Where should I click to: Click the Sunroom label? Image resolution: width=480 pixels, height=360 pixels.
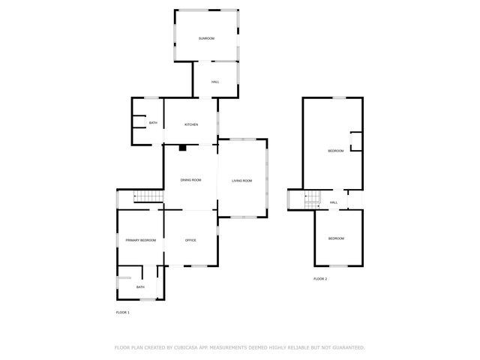point(206,38)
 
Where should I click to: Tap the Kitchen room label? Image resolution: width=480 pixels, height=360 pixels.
point(191,124)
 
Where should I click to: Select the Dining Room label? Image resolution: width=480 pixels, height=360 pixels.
point(191,180)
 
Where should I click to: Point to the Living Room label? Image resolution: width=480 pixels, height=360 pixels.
point(241,181)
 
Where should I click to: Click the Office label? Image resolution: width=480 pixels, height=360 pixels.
point(190,240)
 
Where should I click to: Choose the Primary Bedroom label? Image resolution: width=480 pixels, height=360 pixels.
point(141,240)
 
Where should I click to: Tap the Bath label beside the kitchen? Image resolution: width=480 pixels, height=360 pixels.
point(153,123)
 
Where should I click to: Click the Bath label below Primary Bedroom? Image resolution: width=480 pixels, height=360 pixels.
point(140,287)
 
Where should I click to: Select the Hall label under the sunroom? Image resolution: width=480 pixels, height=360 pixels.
point(215,82)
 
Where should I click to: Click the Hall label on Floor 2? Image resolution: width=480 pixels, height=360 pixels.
point(334,202)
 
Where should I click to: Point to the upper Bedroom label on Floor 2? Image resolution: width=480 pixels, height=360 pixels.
point(335,151)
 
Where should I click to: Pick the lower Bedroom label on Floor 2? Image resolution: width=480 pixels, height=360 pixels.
point(336,238)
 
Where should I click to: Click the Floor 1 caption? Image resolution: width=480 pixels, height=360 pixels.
point(123,312)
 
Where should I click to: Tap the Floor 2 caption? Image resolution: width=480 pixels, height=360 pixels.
point(320,279)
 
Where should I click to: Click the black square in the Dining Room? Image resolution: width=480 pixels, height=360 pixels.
point(182,148)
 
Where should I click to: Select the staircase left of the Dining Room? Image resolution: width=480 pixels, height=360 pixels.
point(148,196)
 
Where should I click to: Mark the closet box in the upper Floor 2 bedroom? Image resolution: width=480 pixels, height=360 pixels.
point(356,142)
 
